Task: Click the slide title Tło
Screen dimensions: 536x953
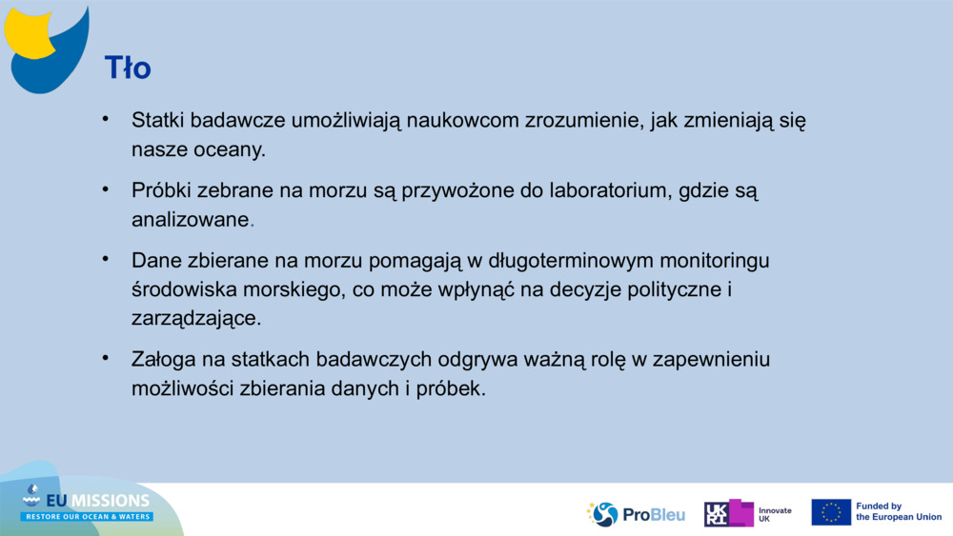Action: (128, 69)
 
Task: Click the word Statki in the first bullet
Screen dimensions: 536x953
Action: (157, 121)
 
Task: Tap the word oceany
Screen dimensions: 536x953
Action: (230, 150)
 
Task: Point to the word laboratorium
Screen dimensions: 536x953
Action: (609, 190)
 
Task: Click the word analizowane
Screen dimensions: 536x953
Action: (190, 219)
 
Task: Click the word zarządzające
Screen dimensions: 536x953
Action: (195, 318)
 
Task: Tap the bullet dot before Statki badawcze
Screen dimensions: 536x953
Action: (107, 120)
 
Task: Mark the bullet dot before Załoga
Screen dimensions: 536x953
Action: (107, 359)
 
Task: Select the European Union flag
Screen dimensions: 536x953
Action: (831, 512)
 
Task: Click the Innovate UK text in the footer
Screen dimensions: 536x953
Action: (774, 514)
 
